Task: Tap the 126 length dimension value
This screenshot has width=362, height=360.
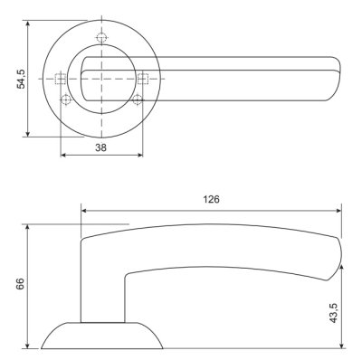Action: click(212, 198)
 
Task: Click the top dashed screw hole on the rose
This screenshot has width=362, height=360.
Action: click(101, 37)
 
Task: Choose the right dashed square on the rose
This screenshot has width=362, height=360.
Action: click(141, 78)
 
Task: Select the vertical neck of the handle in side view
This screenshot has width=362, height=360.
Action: click(102, 289)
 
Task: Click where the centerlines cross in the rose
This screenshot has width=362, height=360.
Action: click(101, 78)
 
